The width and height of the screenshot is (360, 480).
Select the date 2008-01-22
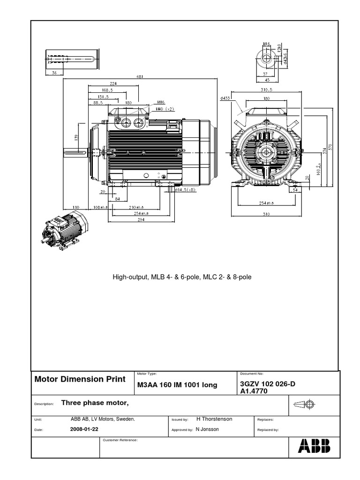(x=84, y=429)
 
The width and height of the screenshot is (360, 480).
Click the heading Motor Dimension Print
(x=80, y=379)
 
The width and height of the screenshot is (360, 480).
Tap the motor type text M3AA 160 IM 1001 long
(x=177, y=385)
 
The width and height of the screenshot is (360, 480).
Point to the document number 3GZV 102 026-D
(x=268, y=384)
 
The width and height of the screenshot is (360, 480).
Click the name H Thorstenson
(x=214, y=419)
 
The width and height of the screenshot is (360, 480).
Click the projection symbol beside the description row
(x=307, y=404)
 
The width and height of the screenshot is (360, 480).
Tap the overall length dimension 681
(x=140, y=77)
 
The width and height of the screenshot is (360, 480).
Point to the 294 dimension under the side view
(x=135, y=219)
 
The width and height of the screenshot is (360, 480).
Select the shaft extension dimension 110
(x=75, y=206)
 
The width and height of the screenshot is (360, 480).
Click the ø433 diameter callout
(x=225, y=98)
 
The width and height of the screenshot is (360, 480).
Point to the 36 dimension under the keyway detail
(x=54, y=73)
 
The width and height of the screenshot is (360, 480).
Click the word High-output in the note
(x=129, y=277)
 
